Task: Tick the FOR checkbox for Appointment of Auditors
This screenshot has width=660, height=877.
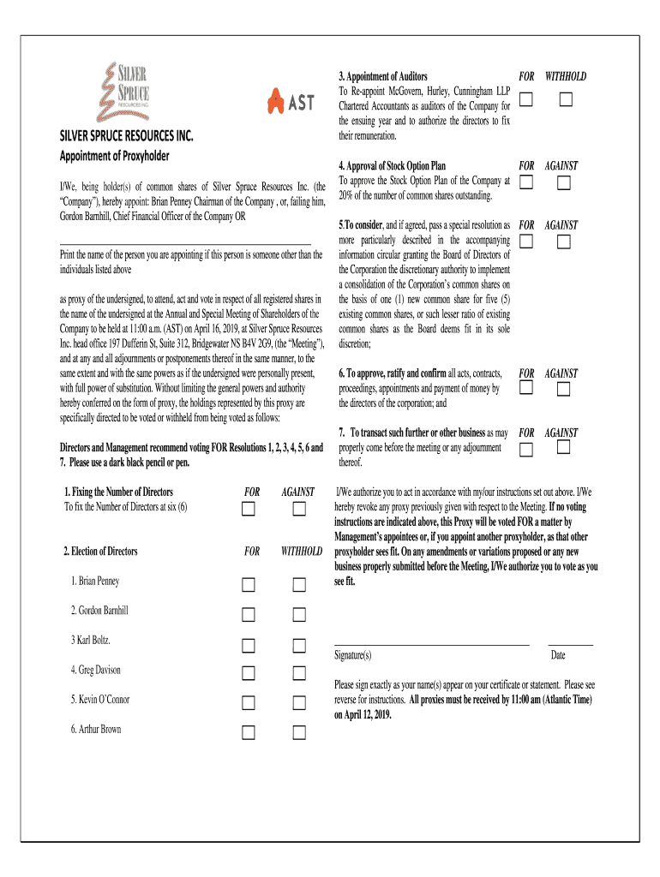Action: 525,99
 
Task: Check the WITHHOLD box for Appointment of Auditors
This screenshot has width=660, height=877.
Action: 566,99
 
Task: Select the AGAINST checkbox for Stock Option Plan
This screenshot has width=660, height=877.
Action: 563,182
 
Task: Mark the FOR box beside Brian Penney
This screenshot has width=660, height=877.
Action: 248,586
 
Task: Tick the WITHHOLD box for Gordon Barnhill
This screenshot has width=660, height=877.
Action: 299,615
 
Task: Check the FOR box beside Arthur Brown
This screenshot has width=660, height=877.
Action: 248,732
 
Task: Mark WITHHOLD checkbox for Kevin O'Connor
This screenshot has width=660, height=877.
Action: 299,703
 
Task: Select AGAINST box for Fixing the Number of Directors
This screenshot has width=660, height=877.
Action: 299,510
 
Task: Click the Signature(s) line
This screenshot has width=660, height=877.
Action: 431,642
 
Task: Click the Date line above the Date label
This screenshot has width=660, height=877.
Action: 570,642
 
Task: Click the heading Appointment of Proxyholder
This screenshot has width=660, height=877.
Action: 114,155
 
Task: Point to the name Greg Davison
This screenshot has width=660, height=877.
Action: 96,670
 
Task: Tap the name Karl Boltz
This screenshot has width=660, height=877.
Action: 91,640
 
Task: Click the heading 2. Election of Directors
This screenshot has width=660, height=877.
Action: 100,551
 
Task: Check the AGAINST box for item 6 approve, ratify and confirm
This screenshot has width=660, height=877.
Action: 563,390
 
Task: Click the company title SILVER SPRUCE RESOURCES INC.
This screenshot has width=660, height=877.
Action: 126,136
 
